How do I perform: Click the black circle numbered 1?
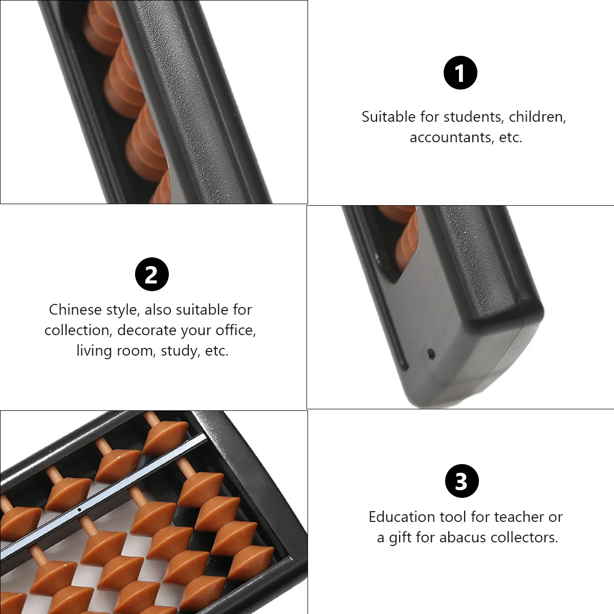tap(460, 73)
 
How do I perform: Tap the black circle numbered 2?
tap(152, 274)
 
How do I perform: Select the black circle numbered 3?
tap(462, 481)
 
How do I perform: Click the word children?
tap(537, 117)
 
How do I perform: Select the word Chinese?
tap(75, 310)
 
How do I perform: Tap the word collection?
tap(79, 331)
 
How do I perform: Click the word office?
tap(235, 331)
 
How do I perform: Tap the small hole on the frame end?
tap(430, 353)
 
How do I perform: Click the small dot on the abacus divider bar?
tap(79, 510)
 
